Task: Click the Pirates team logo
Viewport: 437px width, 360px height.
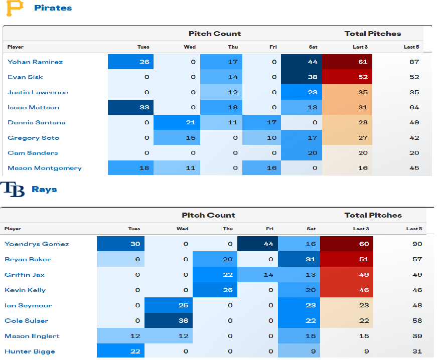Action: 15,8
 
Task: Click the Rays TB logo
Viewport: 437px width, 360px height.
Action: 13,190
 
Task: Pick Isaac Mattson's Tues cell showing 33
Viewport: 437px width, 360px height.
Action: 130,107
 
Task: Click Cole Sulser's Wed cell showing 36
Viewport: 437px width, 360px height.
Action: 169,321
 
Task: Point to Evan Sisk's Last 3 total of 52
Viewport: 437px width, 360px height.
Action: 347,77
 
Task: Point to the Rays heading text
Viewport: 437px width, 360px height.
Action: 44,190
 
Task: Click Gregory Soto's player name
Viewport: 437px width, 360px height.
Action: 33,138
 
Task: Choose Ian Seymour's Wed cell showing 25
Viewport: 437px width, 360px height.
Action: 169,305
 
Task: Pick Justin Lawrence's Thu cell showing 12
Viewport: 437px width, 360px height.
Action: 221,92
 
